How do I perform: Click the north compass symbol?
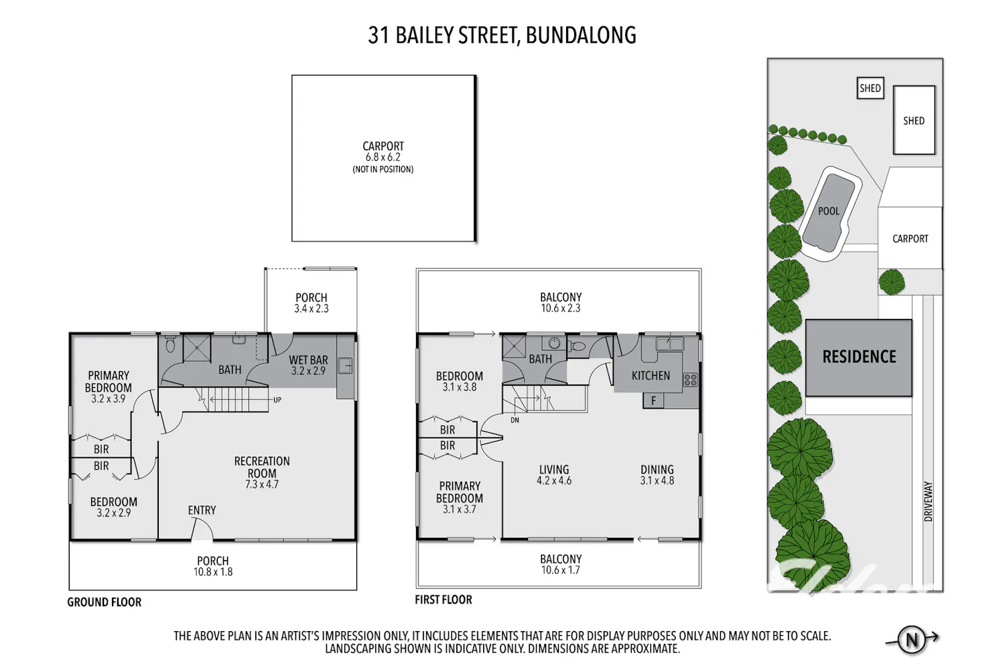(912, 639)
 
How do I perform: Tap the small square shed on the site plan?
(870, 88)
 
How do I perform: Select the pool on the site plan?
(829, 214)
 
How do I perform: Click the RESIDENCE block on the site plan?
(859, 358)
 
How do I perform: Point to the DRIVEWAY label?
(928, 501)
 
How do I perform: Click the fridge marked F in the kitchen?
(654, 400)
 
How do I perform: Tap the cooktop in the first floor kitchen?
(691, 380)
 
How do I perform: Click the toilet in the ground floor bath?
(170, 344)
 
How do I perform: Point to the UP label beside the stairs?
(277, 400)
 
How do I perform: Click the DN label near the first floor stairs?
(515, 420)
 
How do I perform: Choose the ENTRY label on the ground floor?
(202, 511)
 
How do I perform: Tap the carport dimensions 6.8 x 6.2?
(383, 157)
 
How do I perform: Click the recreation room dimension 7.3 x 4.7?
(261, 484)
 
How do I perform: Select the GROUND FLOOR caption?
(104, 602)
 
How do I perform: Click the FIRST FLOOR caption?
(444, 600)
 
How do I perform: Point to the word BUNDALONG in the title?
(581, 36)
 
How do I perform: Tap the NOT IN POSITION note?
(383, 170)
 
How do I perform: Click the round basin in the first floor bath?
(555, 344)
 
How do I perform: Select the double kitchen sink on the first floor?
(670, 344)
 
